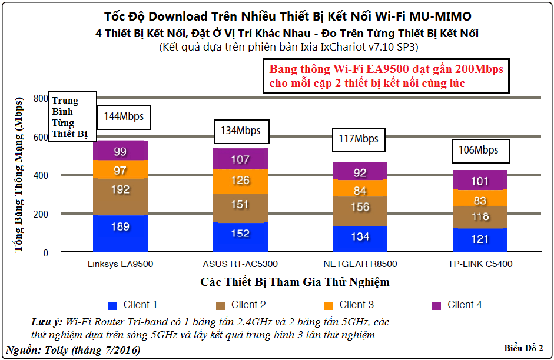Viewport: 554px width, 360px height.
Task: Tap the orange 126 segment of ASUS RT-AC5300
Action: [x=240, y=181]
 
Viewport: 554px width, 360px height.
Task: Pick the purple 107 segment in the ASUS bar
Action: [x=240, y=159]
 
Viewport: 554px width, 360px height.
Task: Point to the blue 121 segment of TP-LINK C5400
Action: [x=480, y=239]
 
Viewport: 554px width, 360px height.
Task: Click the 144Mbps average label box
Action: [x=124, y=116]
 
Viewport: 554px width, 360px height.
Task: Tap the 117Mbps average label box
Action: [x=359, y=139]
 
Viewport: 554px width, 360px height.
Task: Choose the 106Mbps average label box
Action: [x=479, y=150]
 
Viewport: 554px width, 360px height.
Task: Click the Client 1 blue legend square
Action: [x=114, y=305]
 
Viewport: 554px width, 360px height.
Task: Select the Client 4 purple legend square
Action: [x=437, y=305]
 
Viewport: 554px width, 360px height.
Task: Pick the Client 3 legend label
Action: [x=356, y=305]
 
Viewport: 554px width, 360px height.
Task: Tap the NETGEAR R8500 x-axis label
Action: [x=360, y=264]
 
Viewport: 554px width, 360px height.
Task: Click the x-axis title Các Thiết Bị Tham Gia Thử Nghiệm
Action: [x=295, y=282]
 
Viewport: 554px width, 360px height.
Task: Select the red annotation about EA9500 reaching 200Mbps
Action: [x=386, y=76]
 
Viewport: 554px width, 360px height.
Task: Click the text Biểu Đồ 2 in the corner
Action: [x=523, y=348]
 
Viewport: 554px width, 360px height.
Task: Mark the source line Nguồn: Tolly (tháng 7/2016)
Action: [x=73, y=350]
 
